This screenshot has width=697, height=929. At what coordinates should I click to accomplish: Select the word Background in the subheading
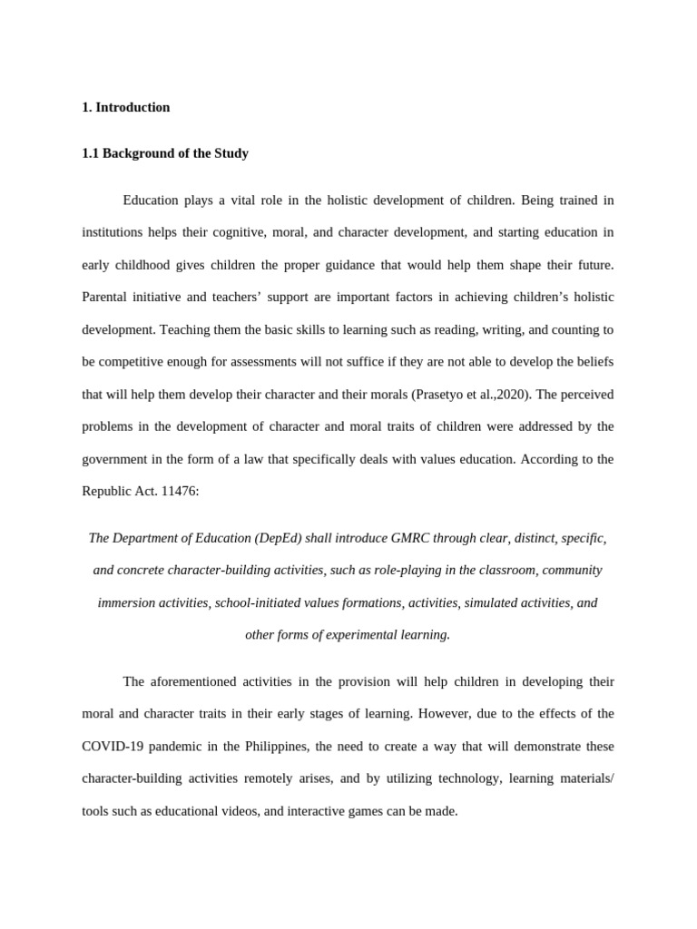pos(133,153)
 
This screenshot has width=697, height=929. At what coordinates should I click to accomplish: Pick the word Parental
pos(106,297)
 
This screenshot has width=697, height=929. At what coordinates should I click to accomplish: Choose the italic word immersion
pos(130,602)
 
